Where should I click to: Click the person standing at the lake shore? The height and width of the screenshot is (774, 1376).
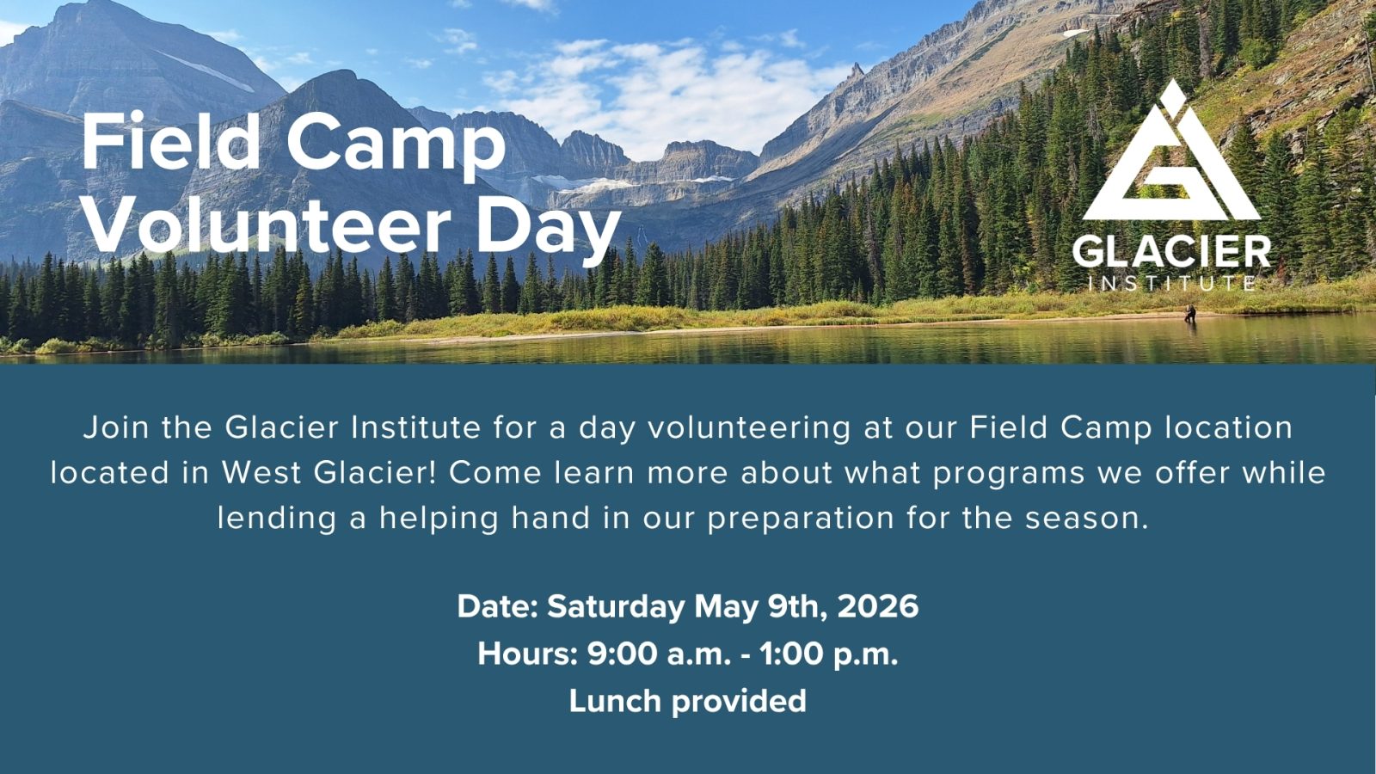(1190, 314)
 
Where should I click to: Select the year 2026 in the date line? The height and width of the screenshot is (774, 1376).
(878, 607)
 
